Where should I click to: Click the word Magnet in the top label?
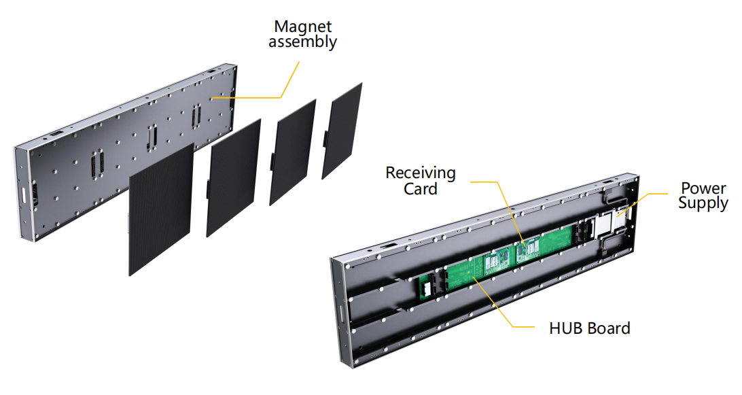pyautogui.click(x=302, y=27)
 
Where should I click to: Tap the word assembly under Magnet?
pyautogui.click(x=302, y=41)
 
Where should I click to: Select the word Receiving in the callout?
pyautogui.click(x=421, y=173)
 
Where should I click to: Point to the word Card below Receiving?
pyautogui.click(x=421, y=189)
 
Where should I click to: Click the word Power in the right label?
pyautogui.click(x=704, y=188)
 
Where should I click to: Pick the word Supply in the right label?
pyautogui.click(x=703, y=203)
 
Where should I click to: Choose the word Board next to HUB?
pyautogui.click(x=606, y=328)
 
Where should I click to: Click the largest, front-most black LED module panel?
pyautogui.click(x=161, y=211)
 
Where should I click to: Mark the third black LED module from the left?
pyautogui.click(x=292, y=151)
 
